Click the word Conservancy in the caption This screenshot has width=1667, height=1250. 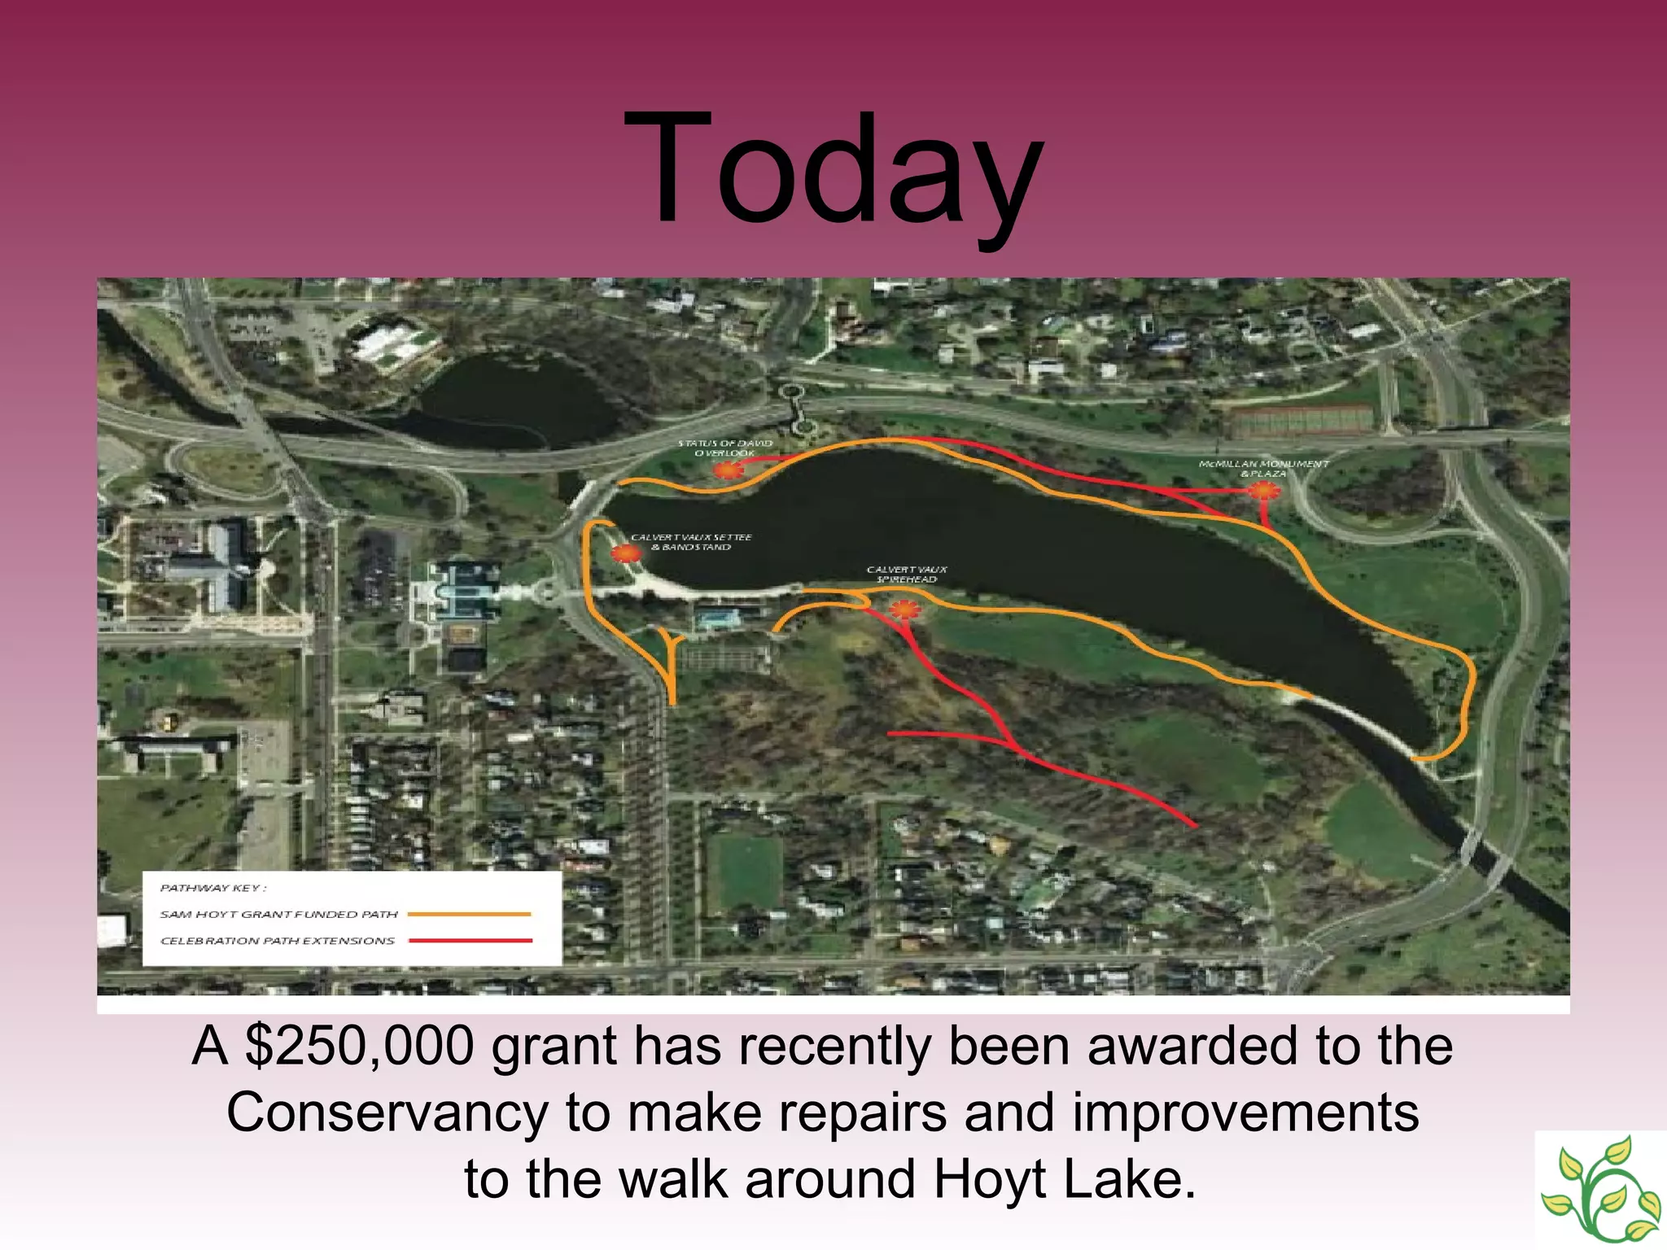pos(387,1112)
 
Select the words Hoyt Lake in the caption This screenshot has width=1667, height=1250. pos(1064,1178)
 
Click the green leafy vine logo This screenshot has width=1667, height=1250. pos(1600,1189)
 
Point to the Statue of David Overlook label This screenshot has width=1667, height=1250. pos(725,448)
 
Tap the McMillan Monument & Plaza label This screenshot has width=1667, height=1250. pos(1263,468)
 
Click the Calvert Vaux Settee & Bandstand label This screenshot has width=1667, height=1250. pos(691,542)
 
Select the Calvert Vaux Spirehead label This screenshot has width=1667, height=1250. pos(906,574)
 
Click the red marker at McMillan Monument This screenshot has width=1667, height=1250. pos(1263,491)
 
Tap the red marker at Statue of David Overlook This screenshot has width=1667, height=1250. pos(728,470)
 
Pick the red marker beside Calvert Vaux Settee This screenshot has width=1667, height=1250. pos(626,553)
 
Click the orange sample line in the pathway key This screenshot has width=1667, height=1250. pos(469,915)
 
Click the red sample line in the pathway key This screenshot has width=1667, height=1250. pos(470,941)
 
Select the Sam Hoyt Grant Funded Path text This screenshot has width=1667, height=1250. pos(278,915)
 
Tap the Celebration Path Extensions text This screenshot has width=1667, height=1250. pos(277,941)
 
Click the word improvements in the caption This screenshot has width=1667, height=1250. pos(1245,1112)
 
